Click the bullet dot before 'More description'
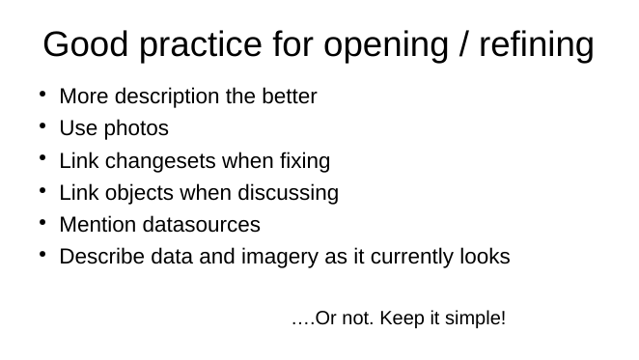click(x=44, y=96)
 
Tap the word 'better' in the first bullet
click(x=290, y=97)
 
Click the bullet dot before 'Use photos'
click(x=44, y=127)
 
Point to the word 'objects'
click(x=133, y=193)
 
